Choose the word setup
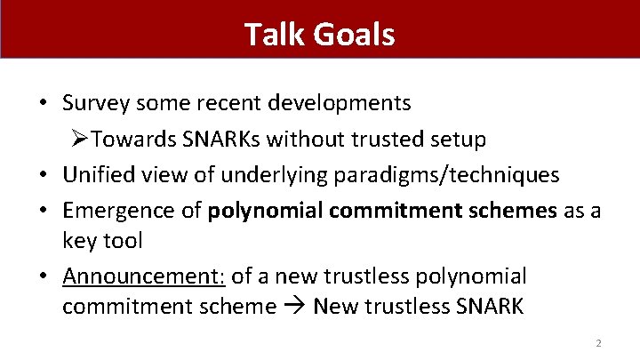458,139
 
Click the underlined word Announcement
143,276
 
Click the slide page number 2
598,343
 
